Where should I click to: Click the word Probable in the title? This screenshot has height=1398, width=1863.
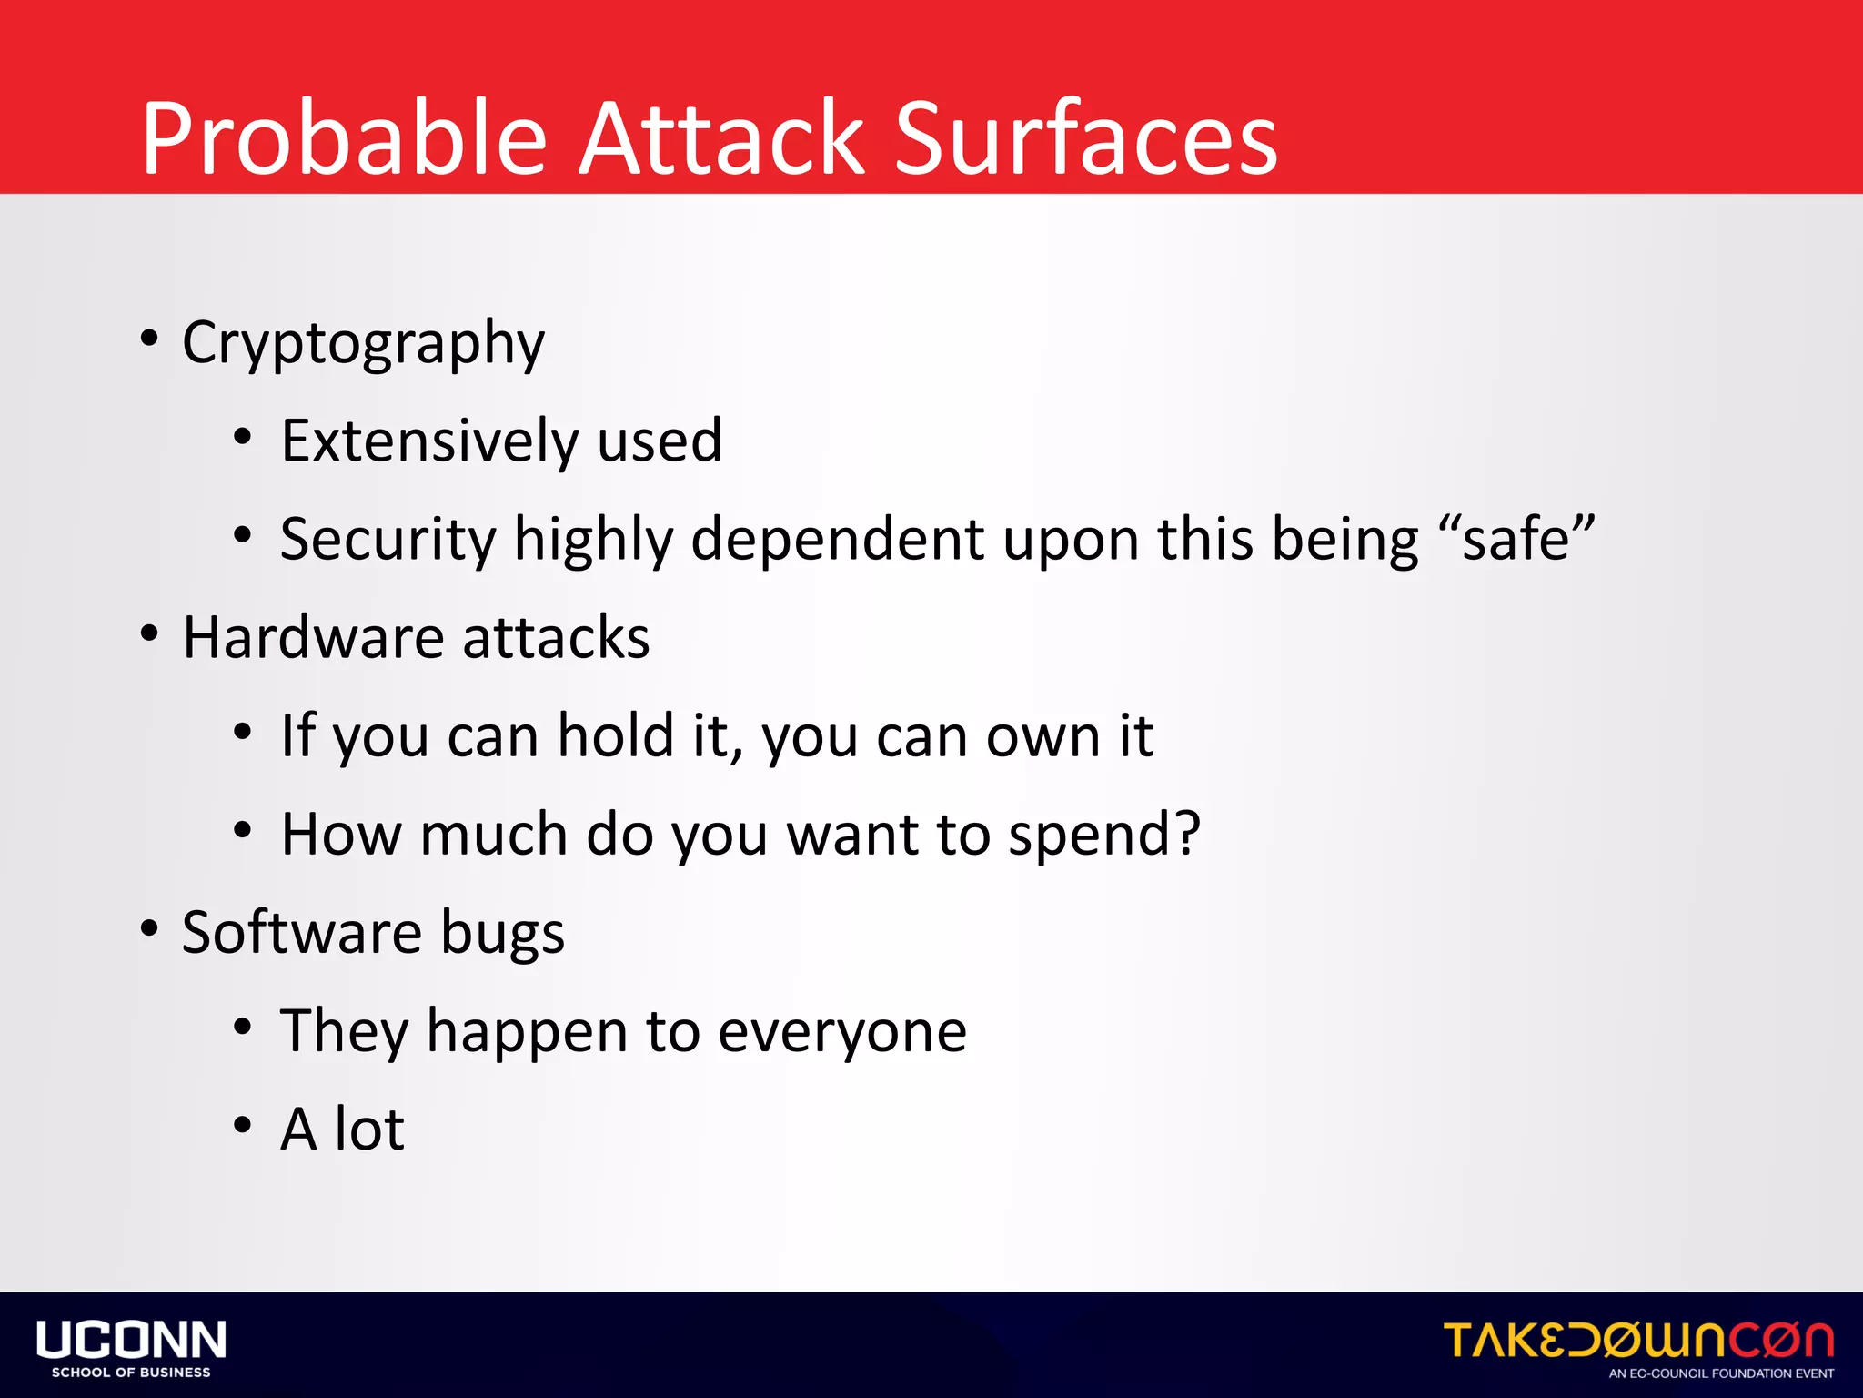(344, 139)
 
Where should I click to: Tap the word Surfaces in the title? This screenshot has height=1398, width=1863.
(1086, 139)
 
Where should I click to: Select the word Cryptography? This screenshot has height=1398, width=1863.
(363, 344)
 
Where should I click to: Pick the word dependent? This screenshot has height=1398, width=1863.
(837, 540)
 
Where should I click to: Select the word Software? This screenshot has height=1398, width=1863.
(301, 932)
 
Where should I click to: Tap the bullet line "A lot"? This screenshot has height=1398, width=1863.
(342, 1130)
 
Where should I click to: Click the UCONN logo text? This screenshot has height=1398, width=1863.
(131, 1340)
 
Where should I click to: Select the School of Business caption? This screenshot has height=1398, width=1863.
(131, 1373)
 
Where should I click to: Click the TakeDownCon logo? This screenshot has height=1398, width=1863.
(1638, 1340)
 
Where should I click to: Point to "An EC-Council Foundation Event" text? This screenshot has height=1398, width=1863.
(1721, 1373)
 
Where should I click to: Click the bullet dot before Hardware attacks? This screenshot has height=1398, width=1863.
(149, 633)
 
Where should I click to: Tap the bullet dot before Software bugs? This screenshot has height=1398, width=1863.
(149, 928)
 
